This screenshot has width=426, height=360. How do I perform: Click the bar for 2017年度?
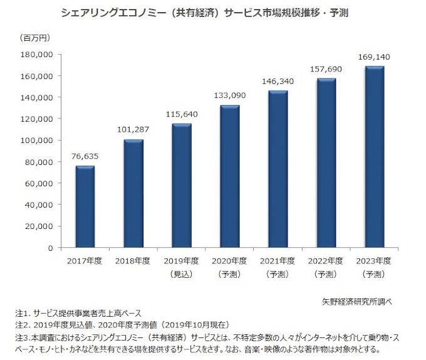pos(85,207)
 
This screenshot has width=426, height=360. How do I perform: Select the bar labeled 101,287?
pos(133,193)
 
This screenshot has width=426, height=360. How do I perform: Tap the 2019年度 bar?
pos(182,186)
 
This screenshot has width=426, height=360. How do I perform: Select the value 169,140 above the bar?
pos(375,58)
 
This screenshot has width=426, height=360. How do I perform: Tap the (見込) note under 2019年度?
pos(182,275)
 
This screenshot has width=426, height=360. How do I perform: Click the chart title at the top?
pos(212,13)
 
